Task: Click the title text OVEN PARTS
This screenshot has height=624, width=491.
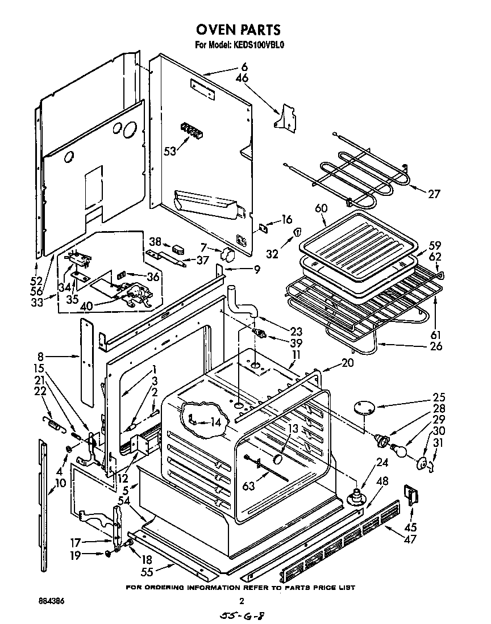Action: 238,30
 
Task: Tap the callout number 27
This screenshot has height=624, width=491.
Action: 434,194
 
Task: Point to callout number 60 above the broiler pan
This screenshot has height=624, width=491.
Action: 321,209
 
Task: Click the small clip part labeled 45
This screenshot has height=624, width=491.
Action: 411,495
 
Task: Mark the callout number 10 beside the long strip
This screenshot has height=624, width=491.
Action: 60,484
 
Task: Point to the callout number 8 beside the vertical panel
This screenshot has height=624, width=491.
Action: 40,357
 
